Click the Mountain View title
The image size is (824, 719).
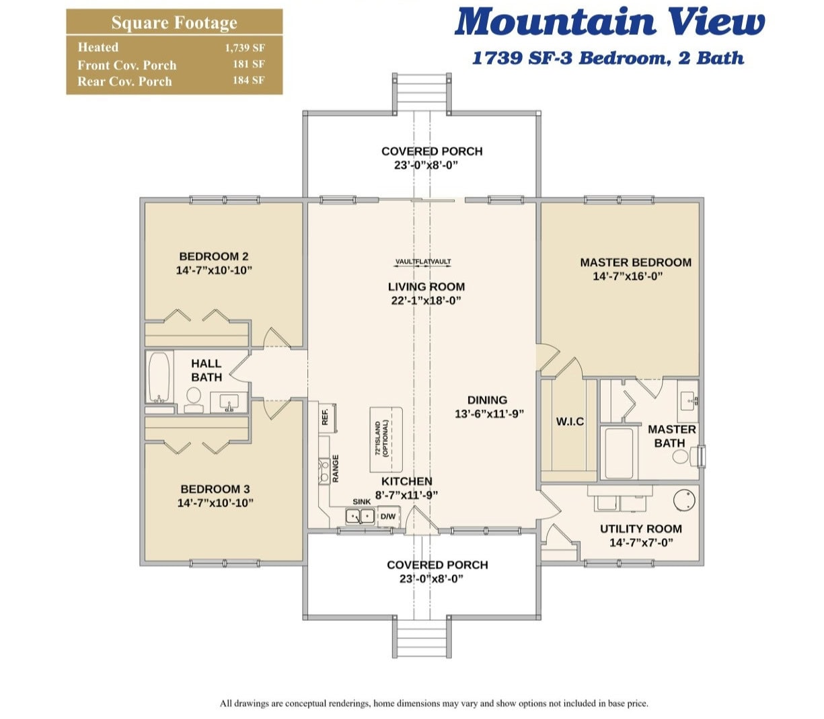(609, 22)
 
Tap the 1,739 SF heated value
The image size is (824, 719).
(245, 48)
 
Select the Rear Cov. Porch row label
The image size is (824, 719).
(124, 81)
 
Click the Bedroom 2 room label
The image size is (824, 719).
(214, 256)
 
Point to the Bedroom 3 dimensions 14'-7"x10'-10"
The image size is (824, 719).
(215, 502)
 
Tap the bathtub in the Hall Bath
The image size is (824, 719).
(159, 377)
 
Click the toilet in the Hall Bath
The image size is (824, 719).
(194, 400)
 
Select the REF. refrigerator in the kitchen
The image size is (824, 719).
(328, 417)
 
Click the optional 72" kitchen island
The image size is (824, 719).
(386, 439)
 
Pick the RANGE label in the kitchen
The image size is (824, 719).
(336, 468)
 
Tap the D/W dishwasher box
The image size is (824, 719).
(388, 516)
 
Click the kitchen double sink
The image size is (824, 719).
(360, 516)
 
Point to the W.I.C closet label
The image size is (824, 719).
(570, 422)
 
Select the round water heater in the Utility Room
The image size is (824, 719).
(684, 500)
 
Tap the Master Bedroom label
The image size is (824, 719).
(636, 262)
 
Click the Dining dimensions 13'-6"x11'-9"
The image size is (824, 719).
(489, 414)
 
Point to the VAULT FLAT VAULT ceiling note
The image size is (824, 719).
(423, 262)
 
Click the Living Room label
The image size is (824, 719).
(426, 287)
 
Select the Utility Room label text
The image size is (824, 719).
(641, 529)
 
